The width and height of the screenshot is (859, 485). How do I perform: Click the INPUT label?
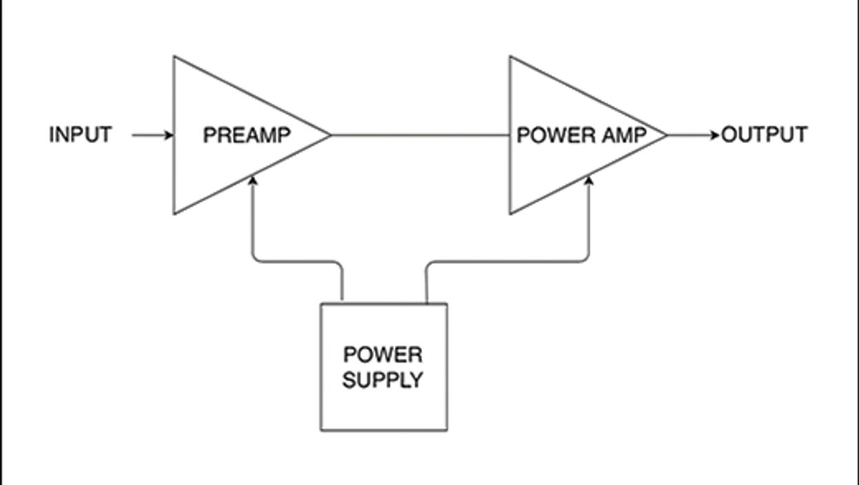80,135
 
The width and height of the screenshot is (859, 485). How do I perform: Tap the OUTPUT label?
764,135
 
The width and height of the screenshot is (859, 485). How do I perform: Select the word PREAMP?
246,135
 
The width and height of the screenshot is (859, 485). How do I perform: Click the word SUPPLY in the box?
382,379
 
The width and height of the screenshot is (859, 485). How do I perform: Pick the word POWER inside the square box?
382,355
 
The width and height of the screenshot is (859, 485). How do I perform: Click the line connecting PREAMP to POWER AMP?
419,135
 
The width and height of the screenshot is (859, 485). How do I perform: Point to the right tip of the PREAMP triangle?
330,135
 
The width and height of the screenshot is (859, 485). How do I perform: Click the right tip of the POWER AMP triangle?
667,135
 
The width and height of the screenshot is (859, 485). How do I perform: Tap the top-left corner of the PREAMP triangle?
174,57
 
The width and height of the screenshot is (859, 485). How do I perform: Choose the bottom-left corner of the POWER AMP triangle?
511,213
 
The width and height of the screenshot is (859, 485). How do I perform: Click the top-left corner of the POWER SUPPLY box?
321,304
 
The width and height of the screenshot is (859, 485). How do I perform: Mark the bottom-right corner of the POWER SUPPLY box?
446,430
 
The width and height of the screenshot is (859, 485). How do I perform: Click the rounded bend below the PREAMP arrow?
257,258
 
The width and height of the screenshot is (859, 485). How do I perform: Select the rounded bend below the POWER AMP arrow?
586,258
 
